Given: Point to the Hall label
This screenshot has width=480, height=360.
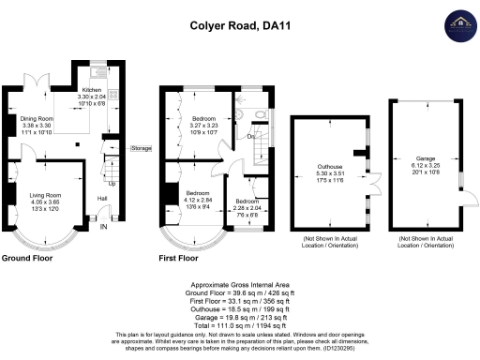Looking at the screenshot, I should click(101, 198).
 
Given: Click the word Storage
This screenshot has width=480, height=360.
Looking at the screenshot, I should click(141, 149).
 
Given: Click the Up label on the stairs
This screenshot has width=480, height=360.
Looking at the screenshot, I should click(112, 183).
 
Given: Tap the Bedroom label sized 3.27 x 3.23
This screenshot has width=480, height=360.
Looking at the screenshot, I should click(204, 119).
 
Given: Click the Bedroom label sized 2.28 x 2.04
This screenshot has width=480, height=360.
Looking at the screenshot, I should click(247, 202).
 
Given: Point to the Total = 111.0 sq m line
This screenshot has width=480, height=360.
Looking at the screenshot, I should click(241, 323).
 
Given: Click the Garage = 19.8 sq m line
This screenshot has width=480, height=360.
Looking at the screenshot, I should click(241, 315).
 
